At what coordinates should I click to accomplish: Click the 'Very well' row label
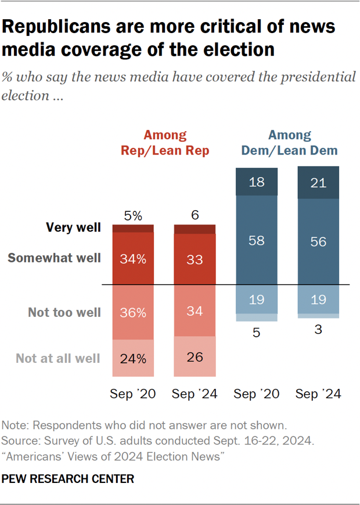click(x=74, y=228)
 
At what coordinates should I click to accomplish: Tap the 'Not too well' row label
click(x=64, y=312)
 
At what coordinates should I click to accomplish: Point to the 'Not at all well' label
click(x=57, y=358)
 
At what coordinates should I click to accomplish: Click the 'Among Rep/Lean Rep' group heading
click(x=165, y=143)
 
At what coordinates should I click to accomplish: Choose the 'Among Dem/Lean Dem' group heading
click(x=289, y=143)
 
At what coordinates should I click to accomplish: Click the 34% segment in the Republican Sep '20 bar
click(x=133, y=258)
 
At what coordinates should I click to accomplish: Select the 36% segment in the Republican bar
click(x=133, y=312)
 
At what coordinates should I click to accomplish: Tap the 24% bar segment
click(x=133, y=358)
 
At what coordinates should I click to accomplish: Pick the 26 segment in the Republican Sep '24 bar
click(x=195, y=357)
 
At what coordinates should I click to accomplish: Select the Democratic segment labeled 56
click(x=318, y=241)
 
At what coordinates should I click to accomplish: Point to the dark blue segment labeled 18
click(x=257, y=182)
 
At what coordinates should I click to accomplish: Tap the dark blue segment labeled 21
click(x=318, y=183)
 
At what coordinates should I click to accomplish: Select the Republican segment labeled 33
click(x=195, y=258)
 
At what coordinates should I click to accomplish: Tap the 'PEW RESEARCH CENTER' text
click(x=69, y=479)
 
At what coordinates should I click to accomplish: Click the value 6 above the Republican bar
click(x=195, y=214)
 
